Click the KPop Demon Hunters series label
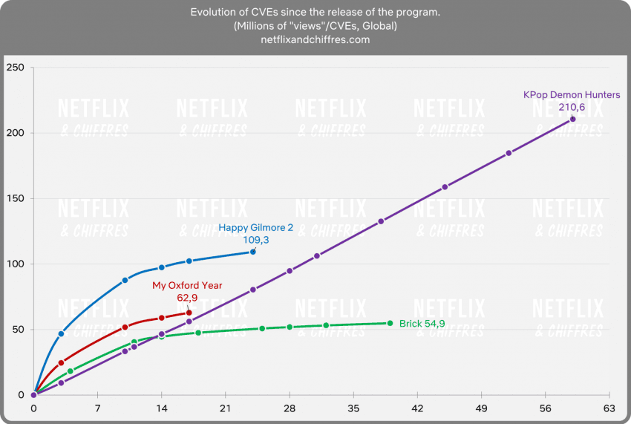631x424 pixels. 571,95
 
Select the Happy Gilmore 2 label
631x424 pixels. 256,228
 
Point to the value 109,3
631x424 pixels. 256,240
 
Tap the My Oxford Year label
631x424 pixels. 187,285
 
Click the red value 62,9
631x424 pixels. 187,297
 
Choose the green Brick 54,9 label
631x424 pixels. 422,324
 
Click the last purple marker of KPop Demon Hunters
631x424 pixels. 572,120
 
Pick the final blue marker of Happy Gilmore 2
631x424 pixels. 253,252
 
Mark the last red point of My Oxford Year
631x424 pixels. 189,313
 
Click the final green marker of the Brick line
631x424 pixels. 390,323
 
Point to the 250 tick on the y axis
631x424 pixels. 16,68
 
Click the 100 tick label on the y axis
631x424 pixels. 16,264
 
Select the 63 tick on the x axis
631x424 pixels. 609,408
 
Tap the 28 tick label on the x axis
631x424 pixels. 290,408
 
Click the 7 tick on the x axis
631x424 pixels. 97,408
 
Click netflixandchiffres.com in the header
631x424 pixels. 315,39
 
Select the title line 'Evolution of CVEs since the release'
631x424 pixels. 315,13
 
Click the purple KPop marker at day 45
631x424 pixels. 445,187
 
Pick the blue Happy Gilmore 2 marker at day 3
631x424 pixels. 61,334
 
